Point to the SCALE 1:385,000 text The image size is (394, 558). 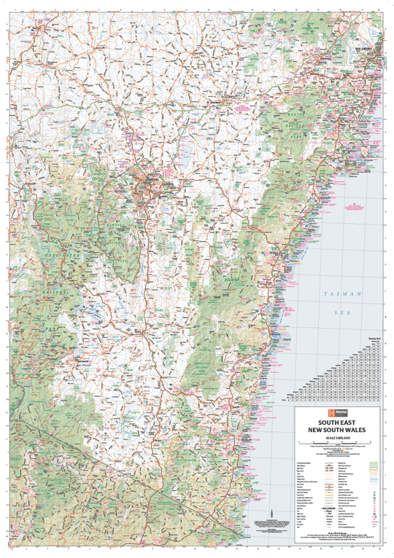click(338, 438)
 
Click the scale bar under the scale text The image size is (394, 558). click(338, 444)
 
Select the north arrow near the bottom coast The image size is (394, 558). click(270, 494)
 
